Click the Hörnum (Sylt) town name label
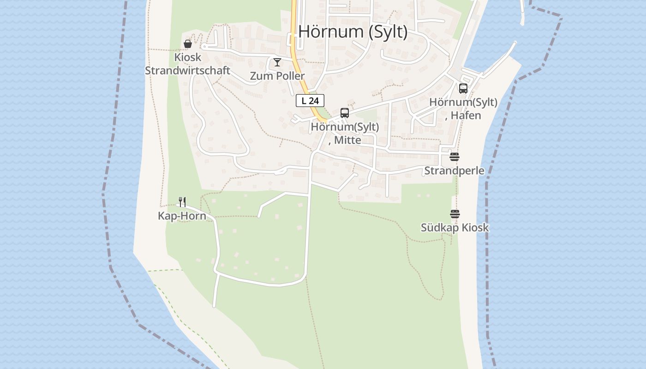353,32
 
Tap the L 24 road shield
310,101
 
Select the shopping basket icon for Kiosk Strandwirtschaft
188,44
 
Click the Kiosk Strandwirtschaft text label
187,64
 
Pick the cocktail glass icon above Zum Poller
277,62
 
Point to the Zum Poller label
277,76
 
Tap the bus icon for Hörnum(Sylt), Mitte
344,113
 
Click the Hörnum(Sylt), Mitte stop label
345,133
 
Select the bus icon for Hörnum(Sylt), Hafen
463,89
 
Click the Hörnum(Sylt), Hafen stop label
463,109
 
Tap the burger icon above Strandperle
455,157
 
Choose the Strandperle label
455,171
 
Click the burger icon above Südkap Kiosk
455,214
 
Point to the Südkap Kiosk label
455,228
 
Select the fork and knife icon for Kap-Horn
182,202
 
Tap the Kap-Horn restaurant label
182,216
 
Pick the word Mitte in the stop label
347,140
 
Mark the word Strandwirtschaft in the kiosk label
187,71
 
